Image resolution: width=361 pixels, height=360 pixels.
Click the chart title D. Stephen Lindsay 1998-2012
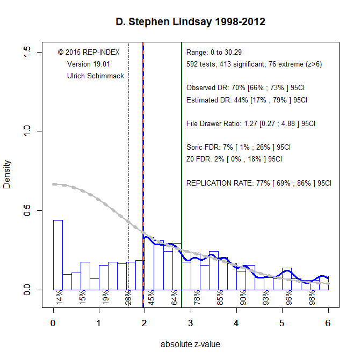[191, 23]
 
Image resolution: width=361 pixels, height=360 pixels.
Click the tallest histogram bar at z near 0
[57, 254]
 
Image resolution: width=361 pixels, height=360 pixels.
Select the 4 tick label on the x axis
[236, 324]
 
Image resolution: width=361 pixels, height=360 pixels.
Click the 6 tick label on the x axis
[328, 324]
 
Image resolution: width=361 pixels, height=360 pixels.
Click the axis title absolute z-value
[190, 344]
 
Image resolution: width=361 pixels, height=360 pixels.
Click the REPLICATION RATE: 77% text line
[259, 183]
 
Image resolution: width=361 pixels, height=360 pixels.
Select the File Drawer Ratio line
[250, 123]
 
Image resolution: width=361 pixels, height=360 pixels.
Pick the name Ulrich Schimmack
[96, 76]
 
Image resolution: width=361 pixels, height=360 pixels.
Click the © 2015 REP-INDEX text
[89, 53]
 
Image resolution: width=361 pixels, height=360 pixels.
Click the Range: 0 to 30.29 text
[214, 53]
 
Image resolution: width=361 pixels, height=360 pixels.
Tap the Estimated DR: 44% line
[246, 100]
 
